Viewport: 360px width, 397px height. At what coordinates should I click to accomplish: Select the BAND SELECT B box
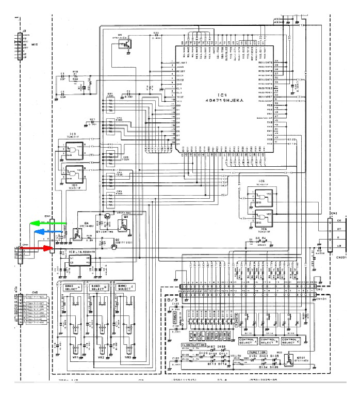pos(99,287)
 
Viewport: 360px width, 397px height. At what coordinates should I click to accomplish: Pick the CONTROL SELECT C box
pos(292,341)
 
